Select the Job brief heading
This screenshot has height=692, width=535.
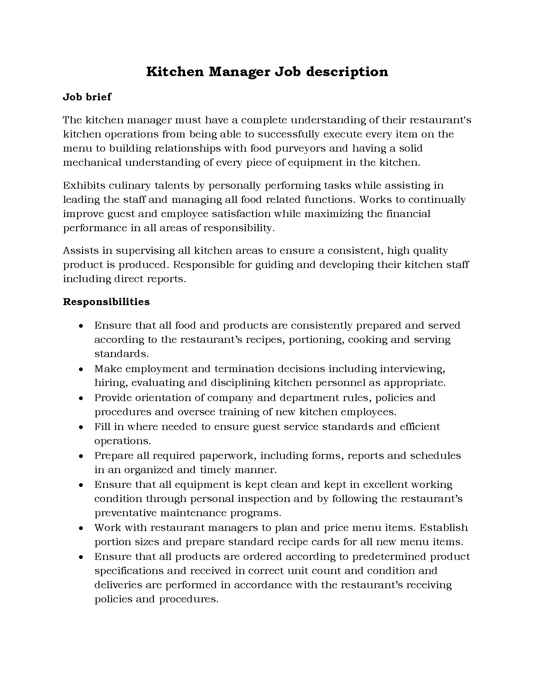click(x=87, y=97)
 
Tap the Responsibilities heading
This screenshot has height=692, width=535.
click(x=106, y=302)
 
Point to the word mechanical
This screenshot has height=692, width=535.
click(x=92, y=163)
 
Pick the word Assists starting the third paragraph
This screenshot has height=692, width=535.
click(x=81, y=251)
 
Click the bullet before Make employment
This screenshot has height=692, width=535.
click(x=81, y=369)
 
